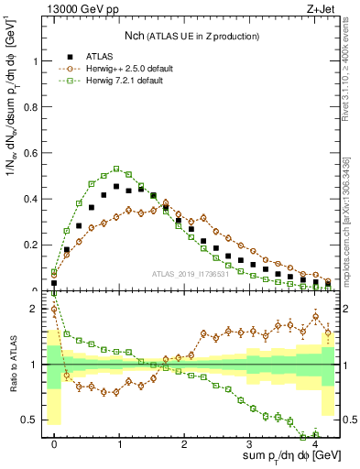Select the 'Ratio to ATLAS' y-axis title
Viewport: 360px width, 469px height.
click(12, 365)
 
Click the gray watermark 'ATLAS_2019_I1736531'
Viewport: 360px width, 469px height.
click(191, 274)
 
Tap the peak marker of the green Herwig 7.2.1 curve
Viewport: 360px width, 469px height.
click(116, 169)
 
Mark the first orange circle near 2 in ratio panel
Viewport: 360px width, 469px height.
click(54, 310)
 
